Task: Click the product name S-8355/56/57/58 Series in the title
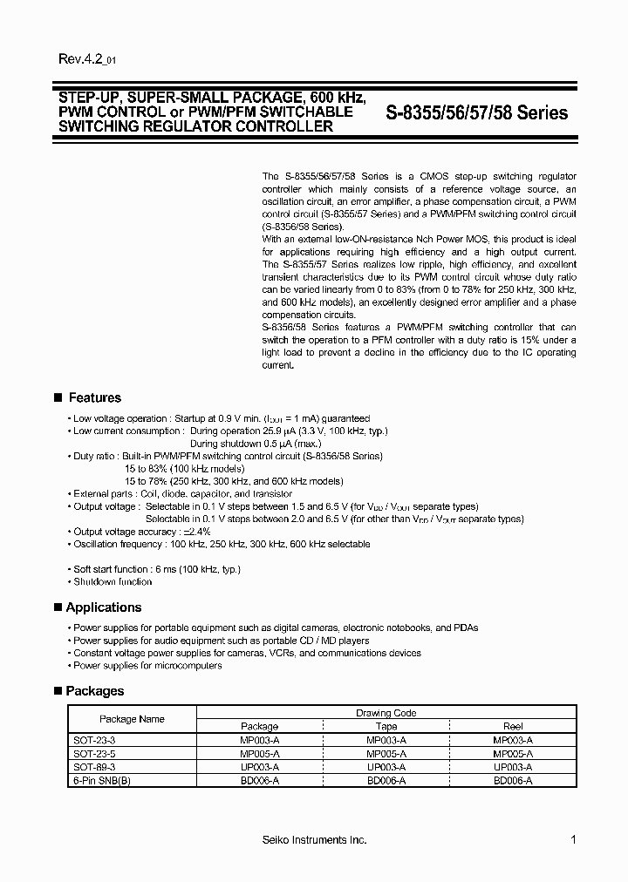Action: point(476,113)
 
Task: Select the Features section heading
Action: point(94,397)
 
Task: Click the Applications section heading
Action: point(103,607)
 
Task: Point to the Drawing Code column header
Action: point(386,713)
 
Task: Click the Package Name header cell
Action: point(132,719)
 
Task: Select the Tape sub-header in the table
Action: point(386,726)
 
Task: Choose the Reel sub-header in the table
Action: point(513,726)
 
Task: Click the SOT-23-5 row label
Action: point(92,754)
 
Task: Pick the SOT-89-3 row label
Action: point(92,767)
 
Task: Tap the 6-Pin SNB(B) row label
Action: point(102,781)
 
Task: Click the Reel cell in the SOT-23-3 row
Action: point(513,740)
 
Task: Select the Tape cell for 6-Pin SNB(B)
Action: point(386,781)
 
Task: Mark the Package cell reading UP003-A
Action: point(259,767)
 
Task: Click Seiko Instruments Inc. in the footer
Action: point(314,840)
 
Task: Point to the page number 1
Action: point(573,839)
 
